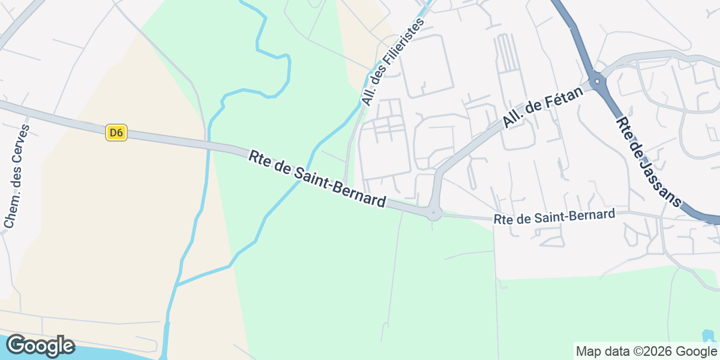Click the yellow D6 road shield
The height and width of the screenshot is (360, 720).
(116, 133)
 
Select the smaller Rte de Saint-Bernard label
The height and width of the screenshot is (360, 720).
(554, 217)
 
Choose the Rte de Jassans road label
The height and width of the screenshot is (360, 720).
(649, 161)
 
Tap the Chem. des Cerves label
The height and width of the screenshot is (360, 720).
(17, 176)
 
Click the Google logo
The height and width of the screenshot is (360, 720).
(40, 346)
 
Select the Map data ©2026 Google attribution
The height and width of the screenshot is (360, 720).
(646, 351)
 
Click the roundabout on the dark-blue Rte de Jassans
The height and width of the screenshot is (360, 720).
(598, 79)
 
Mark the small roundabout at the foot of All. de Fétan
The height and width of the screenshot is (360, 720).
(433, 213)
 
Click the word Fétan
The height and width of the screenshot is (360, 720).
(557, 100)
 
